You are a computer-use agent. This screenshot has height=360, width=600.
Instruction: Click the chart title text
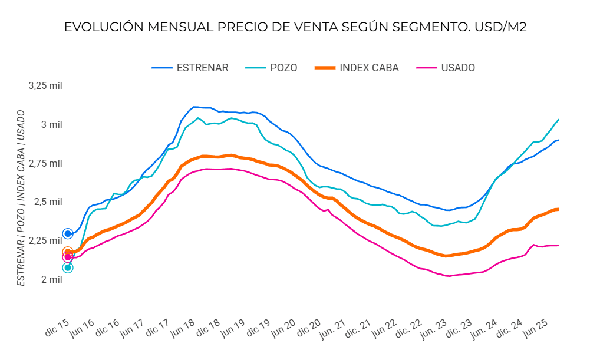[x=295, y=28]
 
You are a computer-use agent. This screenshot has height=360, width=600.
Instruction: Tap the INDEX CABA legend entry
[x=368, y=68]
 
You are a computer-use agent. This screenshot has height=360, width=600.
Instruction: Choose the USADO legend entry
[x=457, y=68]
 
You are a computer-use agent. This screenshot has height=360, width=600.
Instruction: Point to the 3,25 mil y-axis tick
[x=45, y=86]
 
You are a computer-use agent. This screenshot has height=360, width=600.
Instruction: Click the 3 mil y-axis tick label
[x=51, y=124]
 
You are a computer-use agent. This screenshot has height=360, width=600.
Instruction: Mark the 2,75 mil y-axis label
[x=45, y=163]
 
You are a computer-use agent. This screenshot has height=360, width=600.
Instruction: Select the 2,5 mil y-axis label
[x=48, y=202]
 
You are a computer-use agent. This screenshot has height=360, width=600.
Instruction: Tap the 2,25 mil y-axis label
[x=45, y=240]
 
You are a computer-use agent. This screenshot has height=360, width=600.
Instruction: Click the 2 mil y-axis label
[x=51, y=279]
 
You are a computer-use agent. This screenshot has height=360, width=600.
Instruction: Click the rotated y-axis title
[x=21, y=197]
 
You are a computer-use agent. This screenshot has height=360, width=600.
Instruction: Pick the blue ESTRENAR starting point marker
[x=68, y=234]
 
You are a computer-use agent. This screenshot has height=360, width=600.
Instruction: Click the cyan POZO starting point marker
[x=68, y=267]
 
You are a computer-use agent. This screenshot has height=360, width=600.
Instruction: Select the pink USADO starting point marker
[x=68, y=257]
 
